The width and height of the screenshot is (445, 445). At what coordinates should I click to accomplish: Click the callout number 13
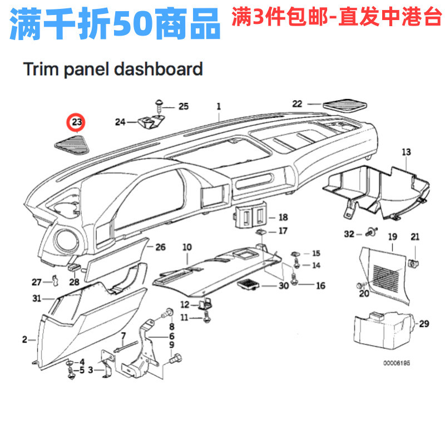[406, 152]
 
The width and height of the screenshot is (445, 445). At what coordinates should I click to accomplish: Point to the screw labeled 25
[159, 103]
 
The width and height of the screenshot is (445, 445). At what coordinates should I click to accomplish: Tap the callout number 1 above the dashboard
[219, 106]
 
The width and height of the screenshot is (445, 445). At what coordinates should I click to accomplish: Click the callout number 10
[186, 246]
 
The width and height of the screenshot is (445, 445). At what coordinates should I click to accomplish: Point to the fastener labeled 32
[370, 234]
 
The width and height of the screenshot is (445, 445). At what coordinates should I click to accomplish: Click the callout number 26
[160, 247]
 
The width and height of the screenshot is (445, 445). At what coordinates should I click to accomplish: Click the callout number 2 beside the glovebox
[24, 339]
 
